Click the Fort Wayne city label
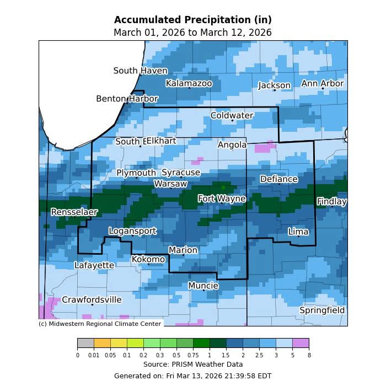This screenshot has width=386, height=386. (x=222, y=199)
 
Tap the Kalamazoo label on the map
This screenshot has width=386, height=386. (x=189, y=83)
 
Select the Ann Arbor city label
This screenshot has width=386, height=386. (x=322, y=84)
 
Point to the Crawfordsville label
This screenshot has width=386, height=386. (x=92, y=300)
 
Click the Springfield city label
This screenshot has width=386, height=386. (x=322, y=310)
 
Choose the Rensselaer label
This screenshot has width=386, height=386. (x=74, y=212)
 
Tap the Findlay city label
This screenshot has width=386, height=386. (x=331, y=202)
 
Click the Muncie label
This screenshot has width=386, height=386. (x=203, y=286)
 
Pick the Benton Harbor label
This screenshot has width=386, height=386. (x=127, y=99)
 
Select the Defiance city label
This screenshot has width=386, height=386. (x=278, y=179)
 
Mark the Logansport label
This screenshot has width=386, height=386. (x=132, y=231)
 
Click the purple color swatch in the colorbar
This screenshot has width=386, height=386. (x=301, y=344)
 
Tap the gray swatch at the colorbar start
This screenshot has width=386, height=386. (x=85, y=344)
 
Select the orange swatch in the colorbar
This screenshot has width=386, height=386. (x=102, y=344)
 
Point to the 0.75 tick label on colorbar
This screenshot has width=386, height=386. (x=193, y=356)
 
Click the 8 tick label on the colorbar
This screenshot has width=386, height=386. (x=309, y=356)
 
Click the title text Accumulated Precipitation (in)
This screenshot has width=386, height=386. (x=192, y=20)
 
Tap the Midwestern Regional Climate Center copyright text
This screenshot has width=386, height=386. (x=100, y=324)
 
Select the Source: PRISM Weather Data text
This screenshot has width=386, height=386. (x=192, y=364)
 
